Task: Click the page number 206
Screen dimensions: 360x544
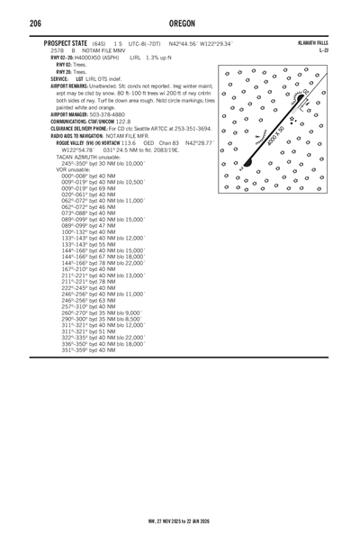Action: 36,23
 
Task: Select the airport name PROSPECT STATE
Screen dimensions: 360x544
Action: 60,43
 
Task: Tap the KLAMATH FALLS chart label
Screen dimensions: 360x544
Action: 310,43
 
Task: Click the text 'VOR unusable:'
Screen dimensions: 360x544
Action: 74,168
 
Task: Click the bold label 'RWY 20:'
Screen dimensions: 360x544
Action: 64,71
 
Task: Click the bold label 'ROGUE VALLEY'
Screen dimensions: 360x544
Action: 74,142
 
